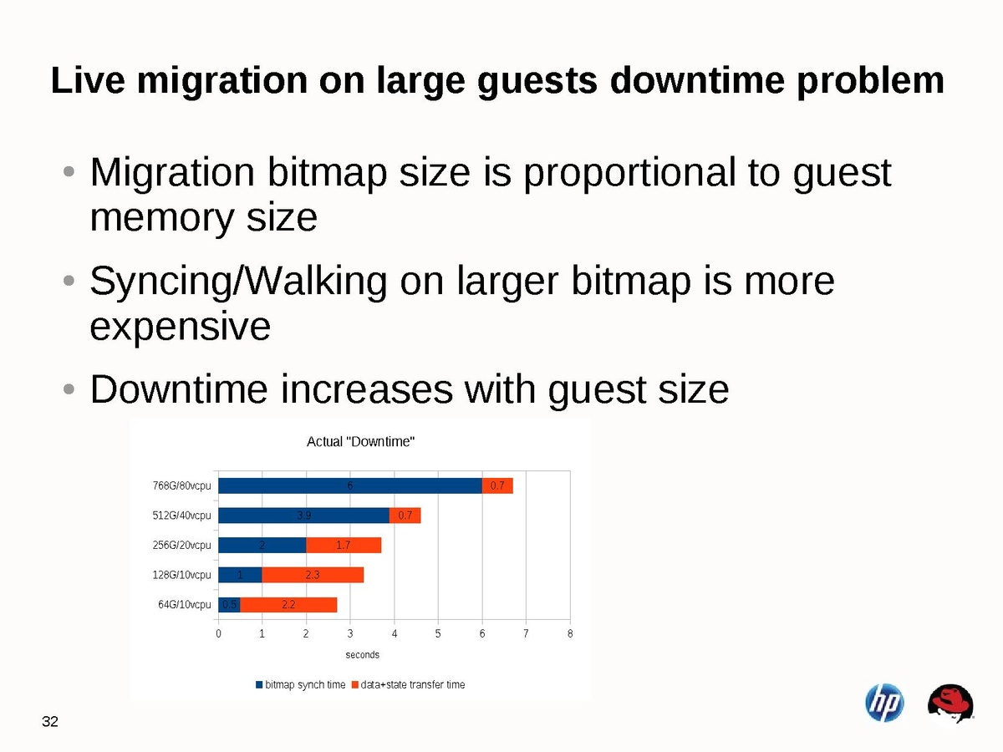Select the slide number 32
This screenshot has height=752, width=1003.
click(x=50, y=722)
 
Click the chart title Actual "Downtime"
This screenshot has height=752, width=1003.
click(x=361, y=441)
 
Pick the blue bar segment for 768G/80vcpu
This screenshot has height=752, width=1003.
click(x=350, y=485)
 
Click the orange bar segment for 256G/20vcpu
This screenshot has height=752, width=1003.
click(x=344, y=545)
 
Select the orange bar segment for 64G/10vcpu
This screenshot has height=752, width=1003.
click(x=288, y=604)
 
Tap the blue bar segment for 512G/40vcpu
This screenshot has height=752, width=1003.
click(x=304, y=516)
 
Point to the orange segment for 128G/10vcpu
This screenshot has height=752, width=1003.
click(x=313, y=575)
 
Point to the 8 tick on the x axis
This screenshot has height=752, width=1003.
click(x=570, y=634)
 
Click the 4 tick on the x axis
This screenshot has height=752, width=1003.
click(x=395, y=634)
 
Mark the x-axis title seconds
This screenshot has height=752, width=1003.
click(x=362, y=655)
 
